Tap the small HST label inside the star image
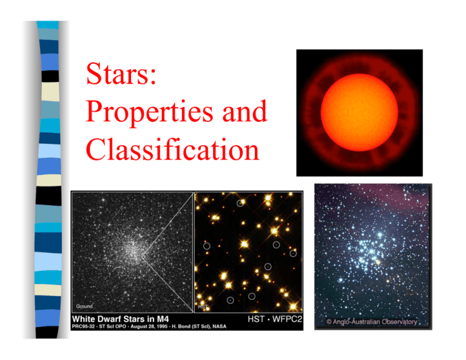[x=203, y=307]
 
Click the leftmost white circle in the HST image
[x=207, y=246]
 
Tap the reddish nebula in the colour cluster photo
[x=400, y=200]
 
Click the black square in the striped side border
[x=50, y=76]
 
